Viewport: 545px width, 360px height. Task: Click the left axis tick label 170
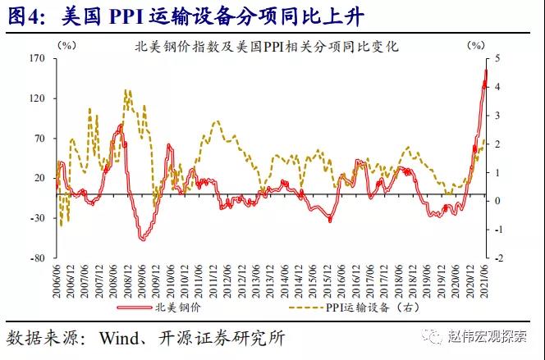click(x=35, y=59)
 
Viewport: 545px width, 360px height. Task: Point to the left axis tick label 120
click(x=35, y=98)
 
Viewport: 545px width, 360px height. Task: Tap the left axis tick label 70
click(x=38, y=138)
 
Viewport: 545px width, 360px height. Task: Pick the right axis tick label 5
click(x=497, y=59)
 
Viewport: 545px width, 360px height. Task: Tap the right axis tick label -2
click(x=497, y=257)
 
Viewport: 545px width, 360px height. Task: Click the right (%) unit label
click(x=476, y=48)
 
